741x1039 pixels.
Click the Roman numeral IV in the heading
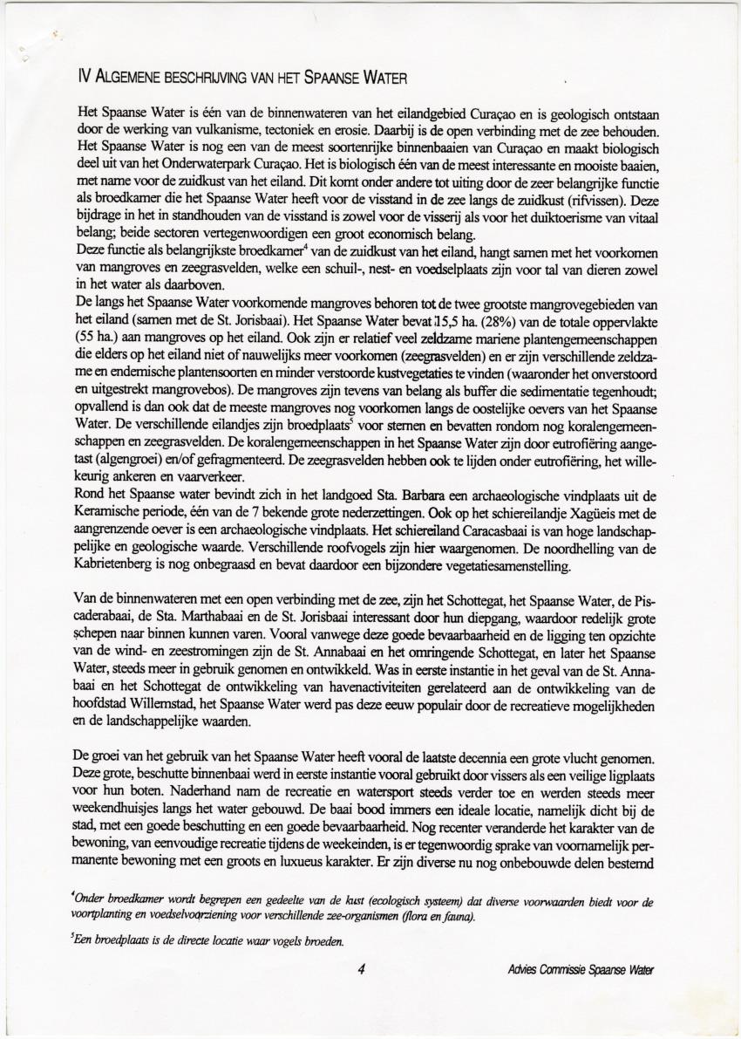[x=85, y=79]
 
